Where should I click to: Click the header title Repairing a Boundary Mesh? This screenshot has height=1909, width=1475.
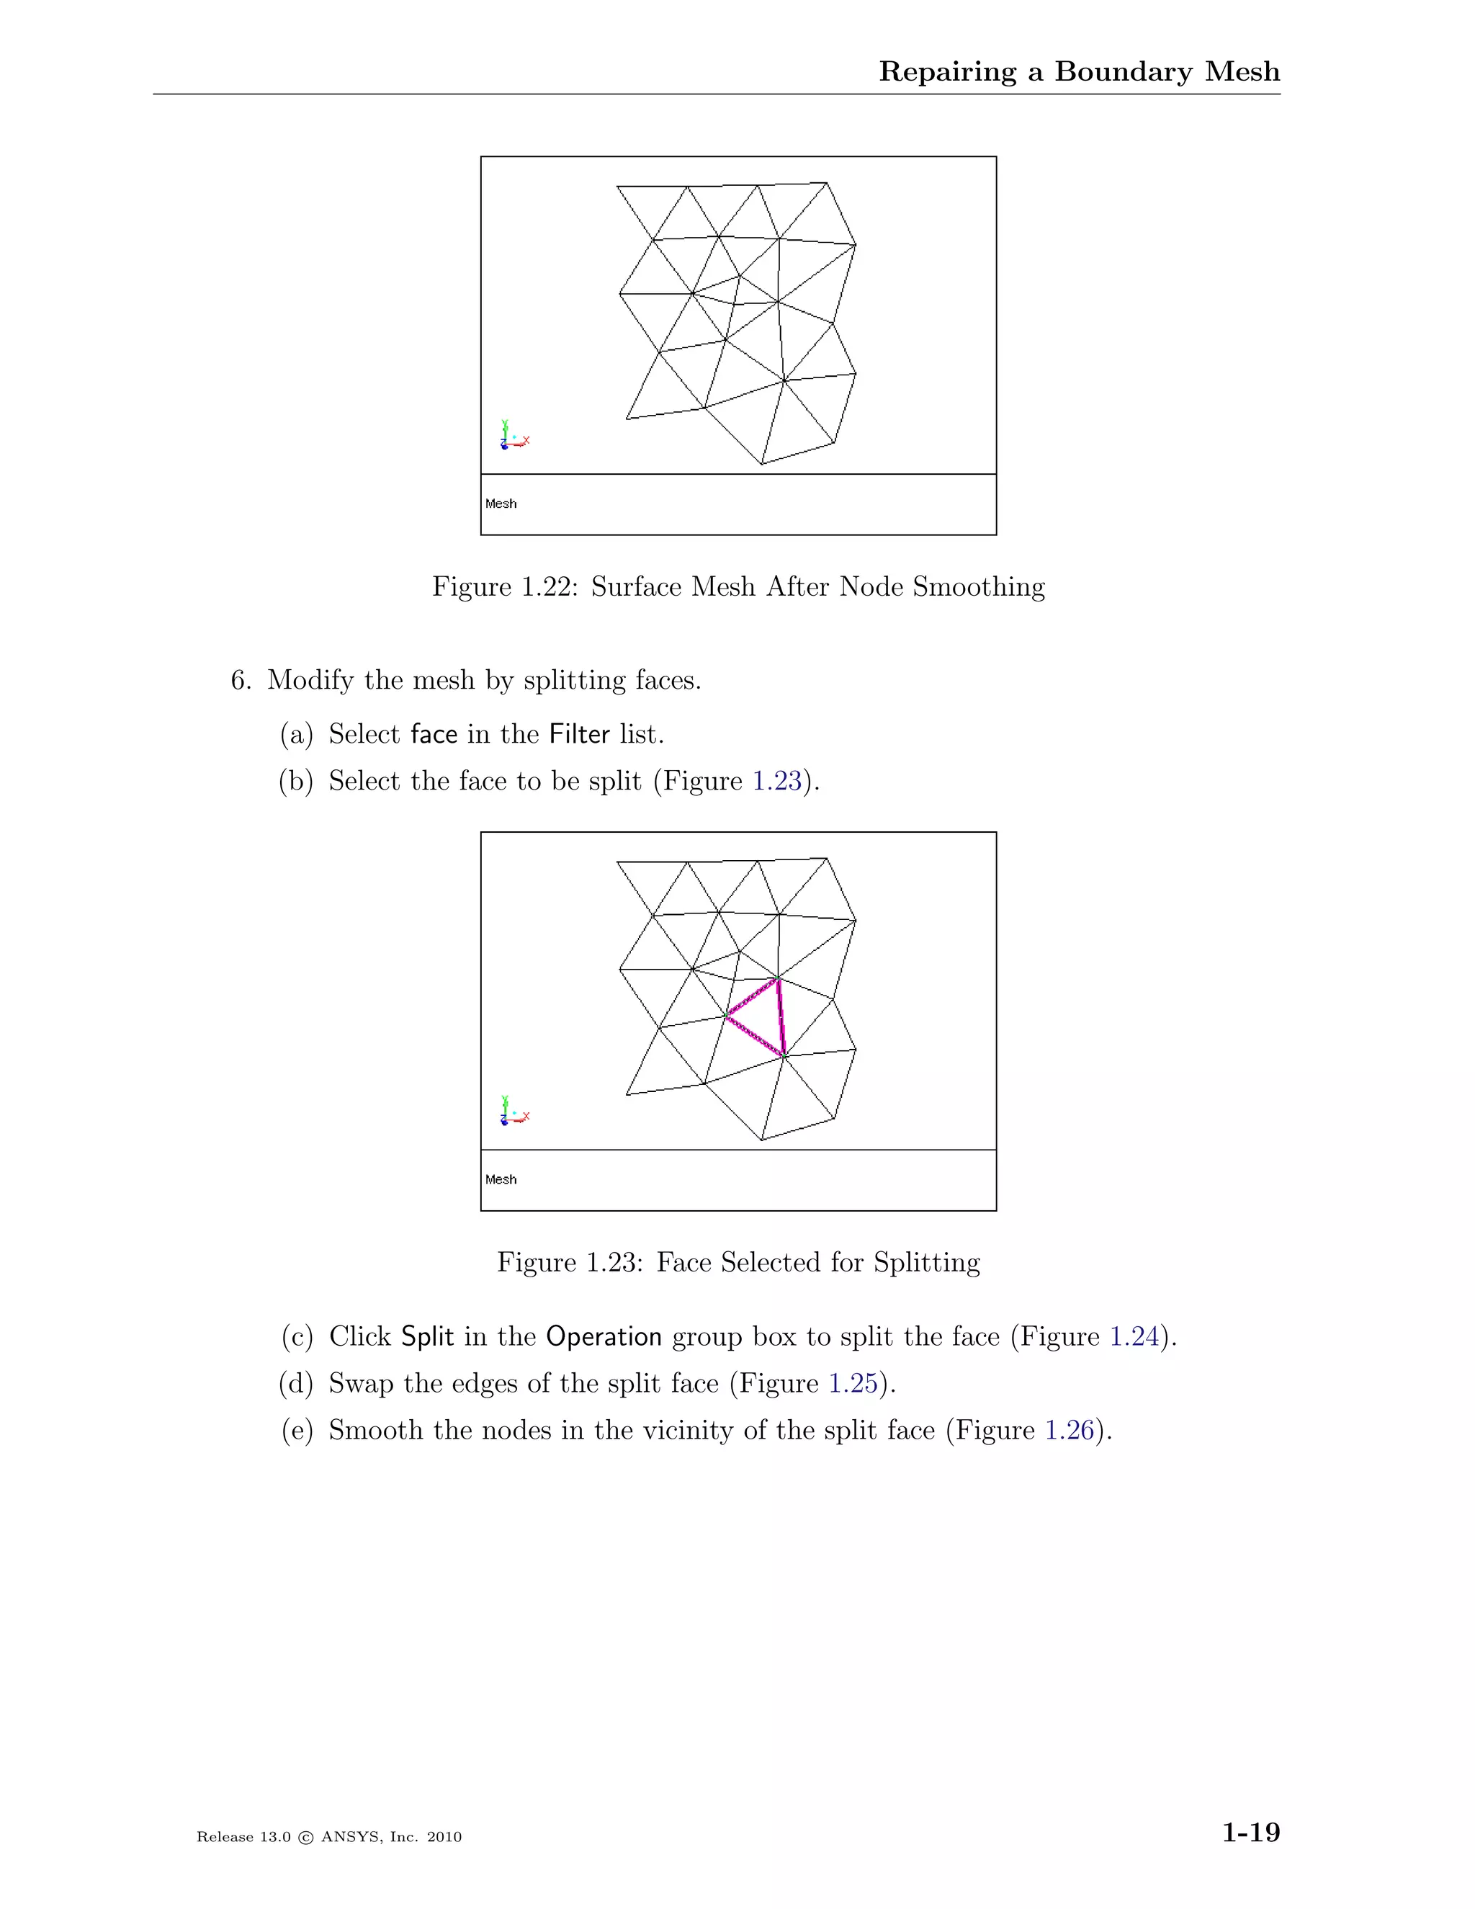pyautogui.click(x=1079, y=71)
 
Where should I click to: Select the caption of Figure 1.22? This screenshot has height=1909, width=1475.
pyautogui.click(x=738, y=586)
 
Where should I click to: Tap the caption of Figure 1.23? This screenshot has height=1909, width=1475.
pyautogui.click(x=738, y=1262)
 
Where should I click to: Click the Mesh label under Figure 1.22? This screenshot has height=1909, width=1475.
pyautogui.click(x=501, y=504)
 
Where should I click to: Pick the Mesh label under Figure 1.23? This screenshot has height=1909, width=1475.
pyautogui.click(x=501, y=1179)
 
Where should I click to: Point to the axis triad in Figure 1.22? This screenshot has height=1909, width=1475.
pyautogui.click(x=514, y=436)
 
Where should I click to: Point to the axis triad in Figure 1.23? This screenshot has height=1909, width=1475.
pyautogui.click(x=514, y=1112)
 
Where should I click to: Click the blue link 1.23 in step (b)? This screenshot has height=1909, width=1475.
pyautogui.click(x=777, y=781)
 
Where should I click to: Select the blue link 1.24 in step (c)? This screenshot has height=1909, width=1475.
pyautogui.click(x=1134, y=1336)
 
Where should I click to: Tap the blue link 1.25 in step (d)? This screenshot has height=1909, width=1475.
pyautogui.click(x=853, y=1383)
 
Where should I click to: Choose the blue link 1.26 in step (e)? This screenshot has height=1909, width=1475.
pyautogui.click(x=1070, y=1430)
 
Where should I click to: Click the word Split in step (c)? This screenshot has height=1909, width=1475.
pyautogui.click(x=427, y=1336)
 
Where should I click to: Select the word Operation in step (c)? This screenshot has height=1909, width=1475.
pyautogui.click(x=604, y=1337)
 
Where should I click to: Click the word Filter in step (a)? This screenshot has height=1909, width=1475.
pyautogui.click(x=579, y=734)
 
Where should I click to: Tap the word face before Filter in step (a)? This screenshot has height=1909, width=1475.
pyautogui.click(x=434, y=734)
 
